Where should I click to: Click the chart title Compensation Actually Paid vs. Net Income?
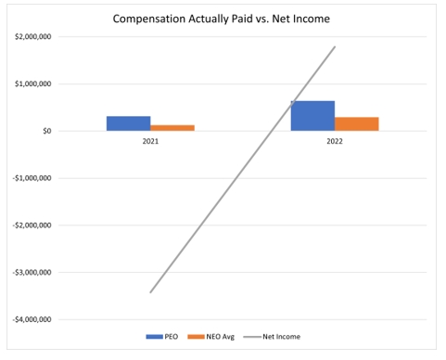click(223, 18)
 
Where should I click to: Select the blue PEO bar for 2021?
click(128, 123)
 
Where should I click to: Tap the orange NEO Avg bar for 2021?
click(172, 128)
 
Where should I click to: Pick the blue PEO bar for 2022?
click(312, 115)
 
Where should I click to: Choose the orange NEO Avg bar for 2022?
click(357, 123)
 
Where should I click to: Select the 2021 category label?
click(150, 143)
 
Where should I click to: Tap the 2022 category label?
click(335, 143)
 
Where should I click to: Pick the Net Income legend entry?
click(278, 337)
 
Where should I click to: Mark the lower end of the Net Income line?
click(150, 292)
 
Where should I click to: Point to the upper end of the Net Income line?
click(335, 46)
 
